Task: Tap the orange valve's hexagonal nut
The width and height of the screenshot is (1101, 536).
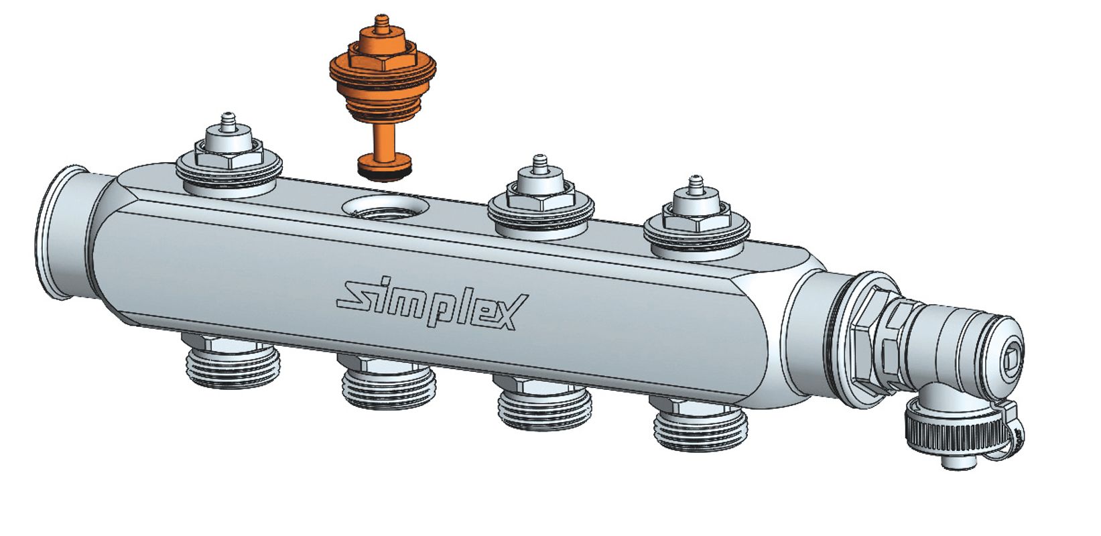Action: (383, 60)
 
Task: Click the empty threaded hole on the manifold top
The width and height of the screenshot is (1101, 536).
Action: (385, 208)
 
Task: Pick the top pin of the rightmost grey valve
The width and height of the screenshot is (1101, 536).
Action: (695, 185)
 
